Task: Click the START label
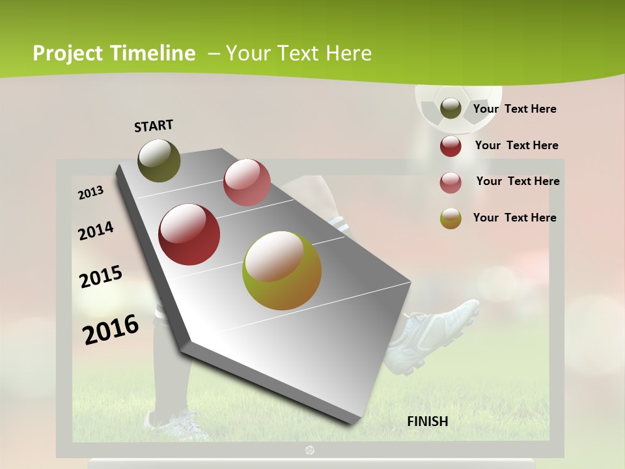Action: (x=154, y=126)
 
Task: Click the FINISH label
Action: (x=428, y=421)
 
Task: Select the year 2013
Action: (x=90, y=193)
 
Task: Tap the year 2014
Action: (x=96, y=231)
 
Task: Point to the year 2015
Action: (x=101, y=277)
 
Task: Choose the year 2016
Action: (x=111, y=330)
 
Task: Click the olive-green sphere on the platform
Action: (x=159, y=160)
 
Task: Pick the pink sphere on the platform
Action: (x=247, y=182)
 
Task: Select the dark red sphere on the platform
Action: (x=189, y=234)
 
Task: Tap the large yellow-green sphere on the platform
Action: (x=282, y=270)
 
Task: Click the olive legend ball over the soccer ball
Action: (x=451, y=109)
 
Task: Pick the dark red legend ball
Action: (x=451, y=146)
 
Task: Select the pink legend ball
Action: (x=451, y=182)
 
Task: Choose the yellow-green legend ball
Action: (x=451, y=218)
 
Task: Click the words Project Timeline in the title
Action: (x=114, y=53)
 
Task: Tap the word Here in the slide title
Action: (x=348, y=53)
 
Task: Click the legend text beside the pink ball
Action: (x=518, y=181)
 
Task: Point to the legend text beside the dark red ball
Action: (x=516, y=145)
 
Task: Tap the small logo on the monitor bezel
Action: (x=310, y=449)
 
